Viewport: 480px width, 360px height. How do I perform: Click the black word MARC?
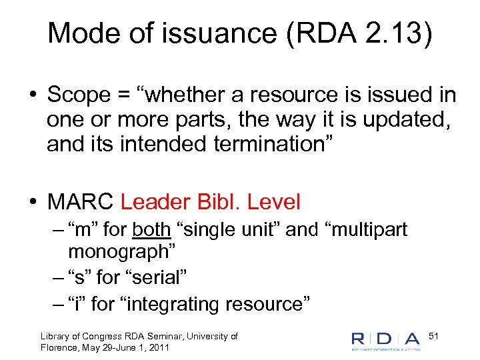pyautogui.click(x=80, y=201)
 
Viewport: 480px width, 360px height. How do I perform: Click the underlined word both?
pyautogui.click(x=152, y=230)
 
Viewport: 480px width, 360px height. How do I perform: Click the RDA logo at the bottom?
pyautogui.click(x=386, y=340)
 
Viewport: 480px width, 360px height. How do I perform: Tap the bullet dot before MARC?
pyautogui.click(x=32, y=201)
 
